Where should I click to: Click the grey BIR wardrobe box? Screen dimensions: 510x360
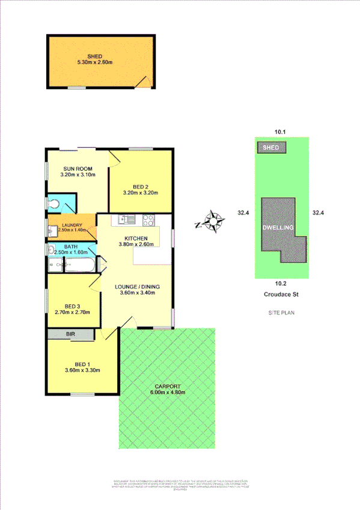click(71, 334)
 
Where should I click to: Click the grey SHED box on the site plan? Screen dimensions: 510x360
click(272, 147)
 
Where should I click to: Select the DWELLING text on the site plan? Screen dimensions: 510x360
click(278, 229)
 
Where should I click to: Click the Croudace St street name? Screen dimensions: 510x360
click(281, 295)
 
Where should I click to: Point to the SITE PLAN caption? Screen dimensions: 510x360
click(281, 313)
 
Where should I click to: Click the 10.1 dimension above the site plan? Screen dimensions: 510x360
click(279, 131)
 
